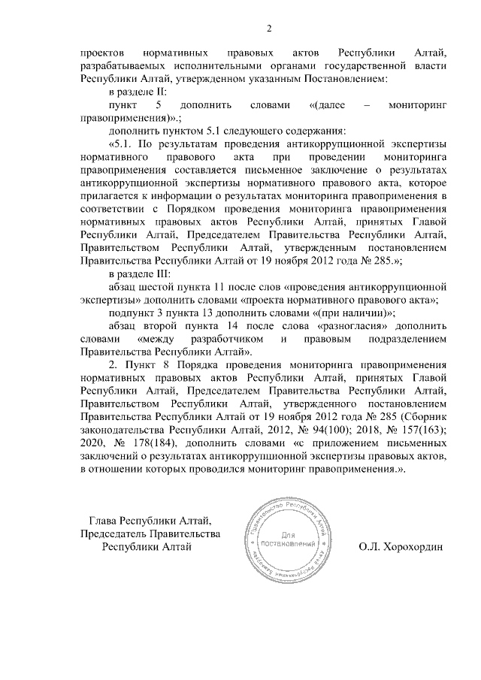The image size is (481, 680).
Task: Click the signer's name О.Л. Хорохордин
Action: pyautogui.click(x=401, y=546)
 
